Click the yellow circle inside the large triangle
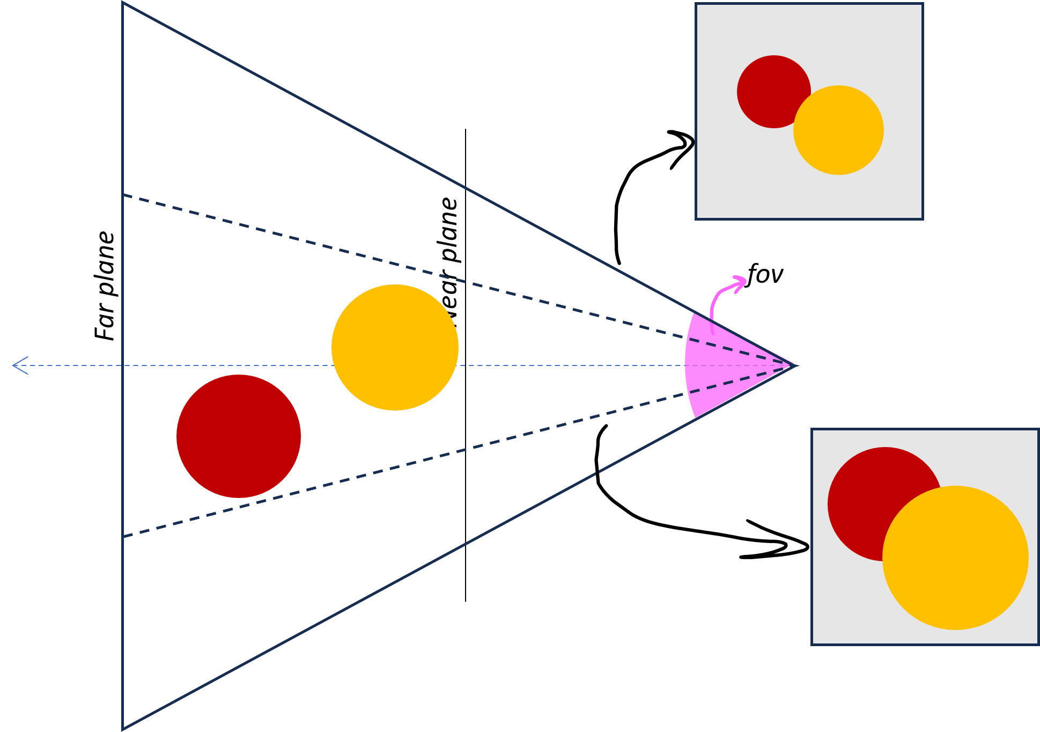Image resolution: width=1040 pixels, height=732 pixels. click(x=395, y=348)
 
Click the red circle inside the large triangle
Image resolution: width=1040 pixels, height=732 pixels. click(x=239, y=436)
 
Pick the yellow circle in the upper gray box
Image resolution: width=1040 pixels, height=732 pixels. click(x=838, y=130)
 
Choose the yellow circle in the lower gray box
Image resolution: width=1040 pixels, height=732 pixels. click(x=955, y=558)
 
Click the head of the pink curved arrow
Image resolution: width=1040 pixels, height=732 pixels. click(x=742, y=281)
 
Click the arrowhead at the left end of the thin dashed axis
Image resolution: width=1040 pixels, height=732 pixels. click(x=16, y=365)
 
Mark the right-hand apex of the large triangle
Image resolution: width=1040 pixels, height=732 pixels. click(x=797, y=365)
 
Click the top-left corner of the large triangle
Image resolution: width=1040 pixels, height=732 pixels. click(x=123, y=3)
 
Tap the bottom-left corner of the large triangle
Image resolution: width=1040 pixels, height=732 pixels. click(x=123, y=729)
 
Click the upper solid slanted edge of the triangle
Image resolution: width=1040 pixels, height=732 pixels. click(x=408, y=157)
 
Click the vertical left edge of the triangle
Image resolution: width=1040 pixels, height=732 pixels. click(x=123, y=107)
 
